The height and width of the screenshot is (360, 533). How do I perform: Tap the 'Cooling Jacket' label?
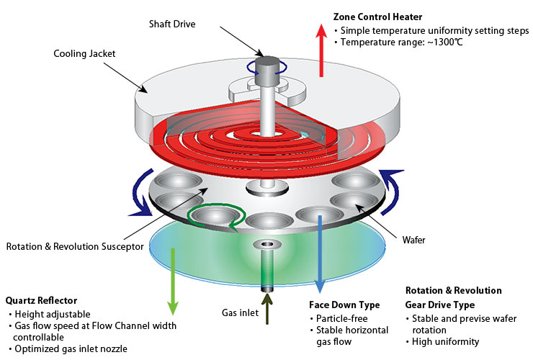tap(85, 53)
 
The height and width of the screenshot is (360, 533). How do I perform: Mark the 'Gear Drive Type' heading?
tap(439, 305)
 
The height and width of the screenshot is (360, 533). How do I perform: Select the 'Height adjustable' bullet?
tap(48, 315)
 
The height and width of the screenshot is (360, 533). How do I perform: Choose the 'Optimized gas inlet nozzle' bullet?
tap(71, 348)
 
